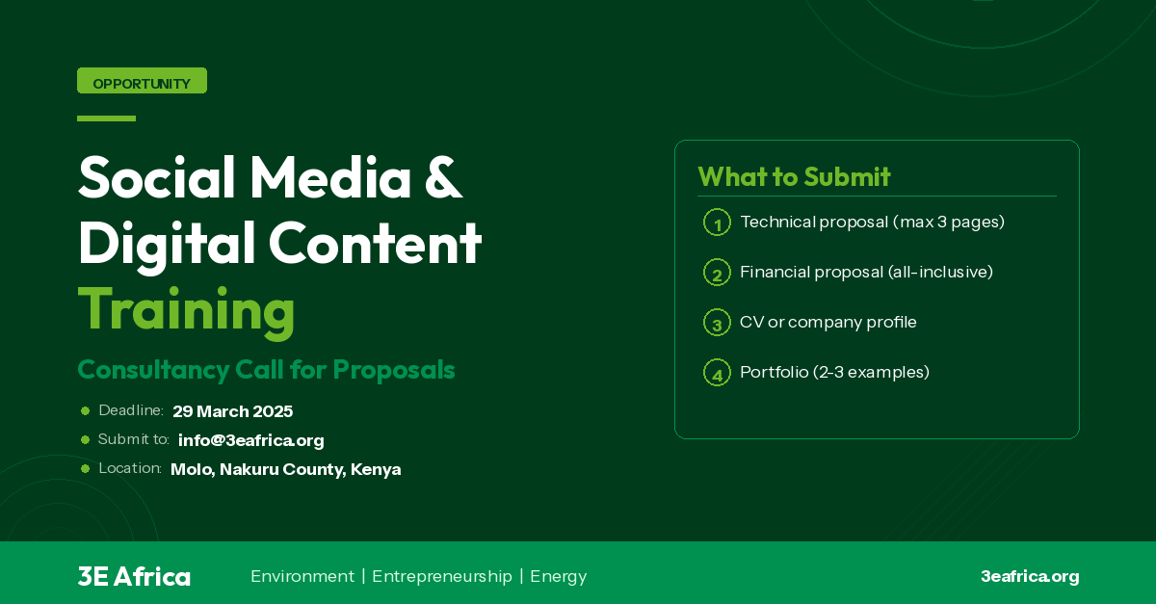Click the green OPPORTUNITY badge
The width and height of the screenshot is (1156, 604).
142,82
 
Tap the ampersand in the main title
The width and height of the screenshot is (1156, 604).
442,176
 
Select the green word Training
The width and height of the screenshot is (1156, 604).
186,309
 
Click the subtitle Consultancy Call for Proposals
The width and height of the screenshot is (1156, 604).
266,370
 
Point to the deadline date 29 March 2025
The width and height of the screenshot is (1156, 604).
233,411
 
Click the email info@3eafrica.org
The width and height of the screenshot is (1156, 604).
251,440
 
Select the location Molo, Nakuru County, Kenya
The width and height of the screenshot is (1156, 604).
285,469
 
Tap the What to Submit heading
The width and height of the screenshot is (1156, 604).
794,177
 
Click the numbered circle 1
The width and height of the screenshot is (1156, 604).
717,223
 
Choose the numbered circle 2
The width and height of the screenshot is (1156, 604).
717,273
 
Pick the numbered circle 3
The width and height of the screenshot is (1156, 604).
717,323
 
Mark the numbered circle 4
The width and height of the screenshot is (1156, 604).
717,373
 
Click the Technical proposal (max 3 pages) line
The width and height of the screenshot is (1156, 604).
872,223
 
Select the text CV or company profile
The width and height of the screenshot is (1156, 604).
828,322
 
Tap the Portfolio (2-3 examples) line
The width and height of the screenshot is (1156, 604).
834,372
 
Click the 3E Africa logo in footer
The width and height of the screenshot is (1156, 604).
134,576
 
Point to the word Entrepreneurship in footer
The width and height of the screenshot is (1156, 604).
442,576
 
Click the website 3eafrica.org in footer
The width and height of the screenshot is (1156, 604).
1030,576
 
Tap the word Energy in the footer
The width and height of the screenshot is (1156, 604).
558,576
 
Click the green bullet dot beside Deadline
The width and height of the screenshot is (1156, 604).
85,411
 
